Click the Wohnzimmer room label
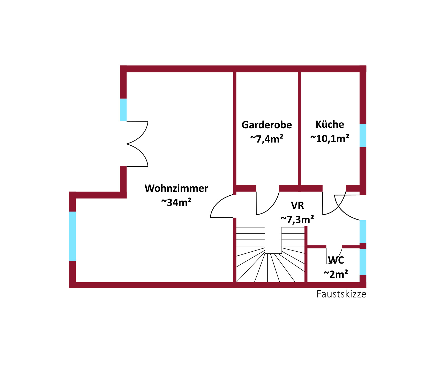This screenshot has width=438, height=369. [x=176, y=188]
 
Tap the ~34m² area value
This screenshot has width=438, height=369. [x=176, y=202]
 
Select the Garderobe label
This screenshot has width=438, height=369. [x=267, y=125]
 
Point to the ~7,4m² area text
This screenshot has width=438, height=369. [x=267, y=139]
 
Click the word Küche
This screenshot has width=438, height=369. [x=330, y=124]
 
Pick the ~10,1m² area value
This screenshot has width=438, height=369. [x=330, y=138]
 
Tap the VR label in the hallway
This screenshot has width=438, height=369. [x=298, y=205]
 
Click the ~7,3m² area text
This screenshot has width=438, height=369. [x=298, y=219]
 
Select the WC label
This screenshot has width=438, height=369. [x=336, y=260]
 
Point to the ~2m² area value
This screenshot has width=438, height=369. [x=336, y=274]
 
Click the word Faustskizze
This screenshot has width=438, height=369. [x=342, y=294]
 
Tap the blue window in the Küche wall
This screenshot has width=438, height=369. [x=363, y=136]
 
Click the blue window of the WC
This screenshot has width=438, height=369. [x=363, y=262]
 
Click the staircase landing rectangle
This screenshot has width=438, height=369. [x=273, y=240]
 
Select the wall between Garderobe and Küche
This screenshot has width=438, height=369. [x=299, y=129]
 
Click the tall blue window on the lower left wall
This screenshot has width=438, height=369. [x=72, y=236]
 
